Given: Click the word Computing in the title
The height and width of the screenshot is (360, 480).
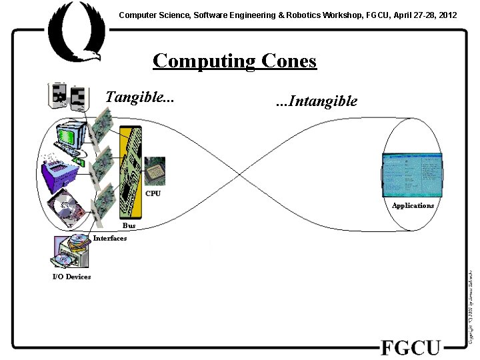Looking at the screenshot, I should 195,61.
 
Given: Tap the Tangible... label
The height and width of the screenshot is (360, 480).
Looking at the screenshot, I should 140,97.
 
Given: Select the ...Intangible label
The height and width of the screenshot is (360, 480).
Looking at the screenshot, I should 316,101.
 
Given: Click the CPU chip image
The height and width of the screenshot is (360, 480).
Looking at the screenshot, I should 155,171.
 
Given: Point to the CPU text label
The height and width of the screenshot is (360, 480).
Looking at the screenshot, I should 153,194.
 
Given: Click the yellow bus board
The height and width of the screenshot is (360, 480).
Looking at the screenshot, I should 131,173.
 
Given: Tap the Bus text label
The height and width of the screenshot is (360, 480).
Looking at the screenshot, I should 129,226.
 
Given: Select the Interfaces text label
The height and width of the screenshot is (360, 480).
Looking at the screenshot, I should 110,239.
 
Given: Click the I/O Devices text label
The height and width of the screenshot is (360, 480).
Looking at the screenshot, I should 71,277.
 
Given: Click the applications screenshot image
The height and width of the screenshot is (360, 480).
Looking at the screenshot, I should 411,175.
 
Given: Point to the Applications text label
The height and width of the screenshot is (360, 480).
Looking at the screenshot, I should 413,205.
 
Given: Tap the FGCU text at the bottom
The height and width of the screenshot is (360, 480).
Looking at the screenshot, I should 411,348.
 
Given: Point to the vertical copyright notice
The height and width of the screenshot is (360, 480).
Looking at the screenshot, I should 471,307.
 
